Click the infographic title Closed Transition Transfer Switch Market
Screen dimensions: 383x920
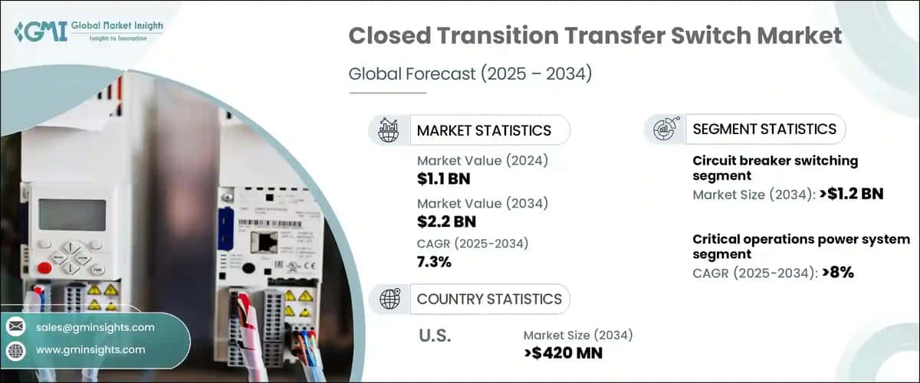pyautogui.click(x=595, y=35)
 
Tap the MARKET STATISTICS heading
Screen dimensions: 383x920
pyautogui.click(x=483, y=130)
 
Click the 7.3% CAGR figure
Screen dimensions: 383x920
pyautogui.click(x=434, y=262)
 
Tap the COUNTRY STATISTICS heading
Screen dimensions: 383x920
pyautogui.click(x=489, y=299)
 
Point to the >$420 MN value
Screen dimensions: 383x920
pyautogui.click(x=563, y=352)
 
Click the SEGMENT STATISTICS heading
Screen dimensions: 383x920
pyautogui.click(x=764, y=129)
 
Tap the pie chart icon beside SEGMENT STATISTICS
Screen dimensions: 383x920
pyautogui.click(x=663, y=129)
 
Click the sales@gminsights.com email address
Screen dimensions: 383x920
pyautogui.click(x=95, y=327)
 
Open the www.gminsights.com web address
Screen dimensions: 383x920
pyautogui.click(x=90, y=349)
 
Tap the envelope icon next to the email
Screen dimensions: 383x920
pyautogui.click(x=15, y=327)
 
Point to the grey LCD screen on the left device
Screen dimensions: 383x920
pyautogui.click(x=72, y=215)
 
